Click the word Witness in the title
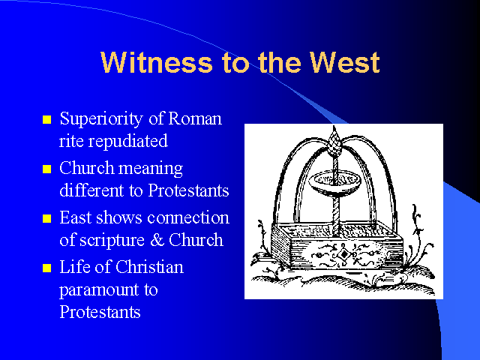[x=157, y=62]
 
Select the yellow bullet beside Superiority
[x=46, y=119]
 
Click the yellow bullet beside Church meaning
[x=46, y=169]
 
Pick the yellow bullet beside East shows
[x=46, y=218]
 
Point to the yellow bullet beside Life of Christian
[x=46, y=268]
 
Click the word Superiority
[x=101, y=119]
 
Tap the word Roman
[x=195, y=118]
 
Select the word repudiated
[x=128, y=142]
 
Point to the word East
[x=75, y=217]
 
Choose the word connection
[x=188, y=217]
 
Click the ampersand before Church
[x=157, y=240]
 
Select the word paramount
[x=99, y=290]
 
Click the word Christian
[x=150, y=267]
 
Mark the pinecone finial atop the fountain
[x=334, y=141]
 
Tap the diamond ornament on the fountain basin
[x=344, y=254]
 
